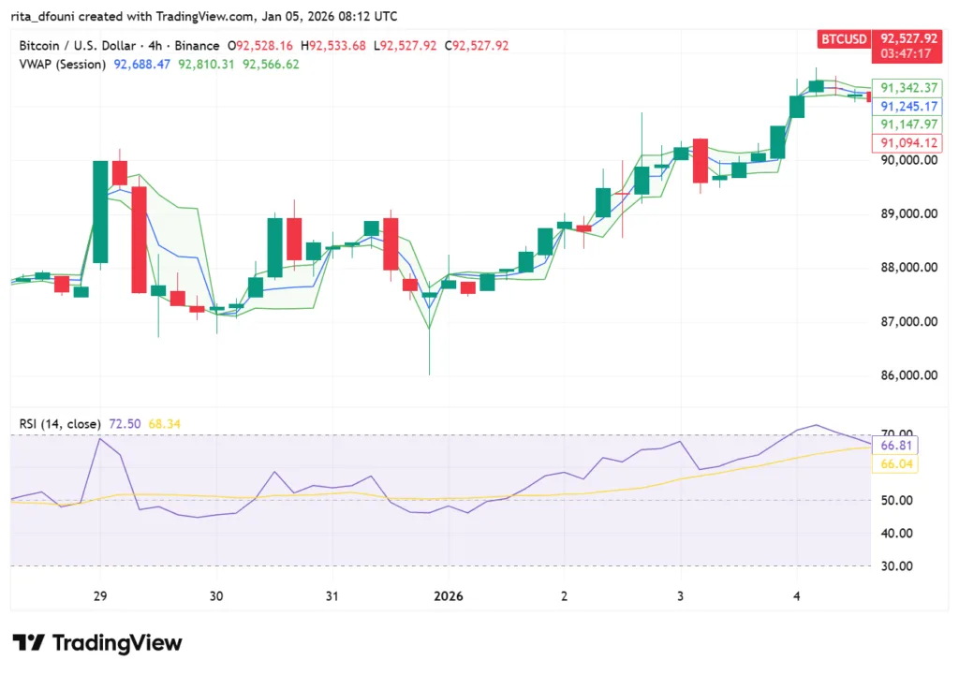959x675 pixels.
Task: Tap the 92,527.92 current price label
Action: [x=905, y=38]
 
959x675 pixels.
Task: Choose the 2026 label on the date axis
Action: [x=448, y=595]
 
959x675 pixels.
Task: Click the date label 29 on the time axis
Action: [x=100, y=595]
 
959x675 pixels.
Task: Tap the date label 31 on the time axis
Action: [x=332, y=595]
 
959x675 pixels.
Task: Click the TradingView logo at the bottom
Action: [x=96, y=642]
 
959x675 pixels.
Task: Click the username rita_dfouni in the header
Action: [x=54, y=16]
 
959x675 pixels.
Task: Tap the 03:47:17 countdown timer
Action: [x=905, y=54]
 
